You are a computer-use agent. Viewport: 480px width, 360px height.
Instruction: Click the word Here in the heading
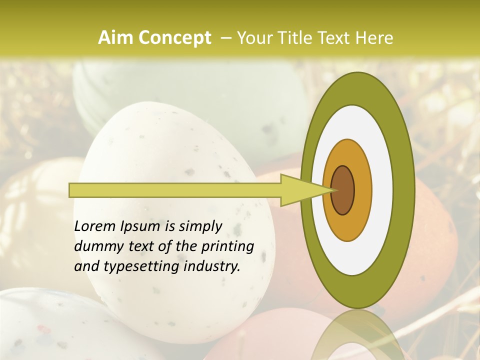pyautogui.click(x=374, y=38)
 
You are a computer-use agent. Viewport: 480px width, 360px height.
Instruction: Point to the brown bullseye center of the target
pyautogui.click(x=343, y=190)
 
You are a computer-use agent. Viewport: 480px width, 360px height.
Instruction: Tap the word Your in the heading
pyautogui.click(x=252, y=38)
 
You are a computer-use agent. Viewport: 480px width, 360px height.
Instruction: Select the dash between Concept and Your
pyautogui.click(x=225, y=38)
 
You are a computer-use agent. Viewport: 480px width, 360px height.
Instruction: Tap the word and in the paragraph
pyautogui.click(x=86, y=266)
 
